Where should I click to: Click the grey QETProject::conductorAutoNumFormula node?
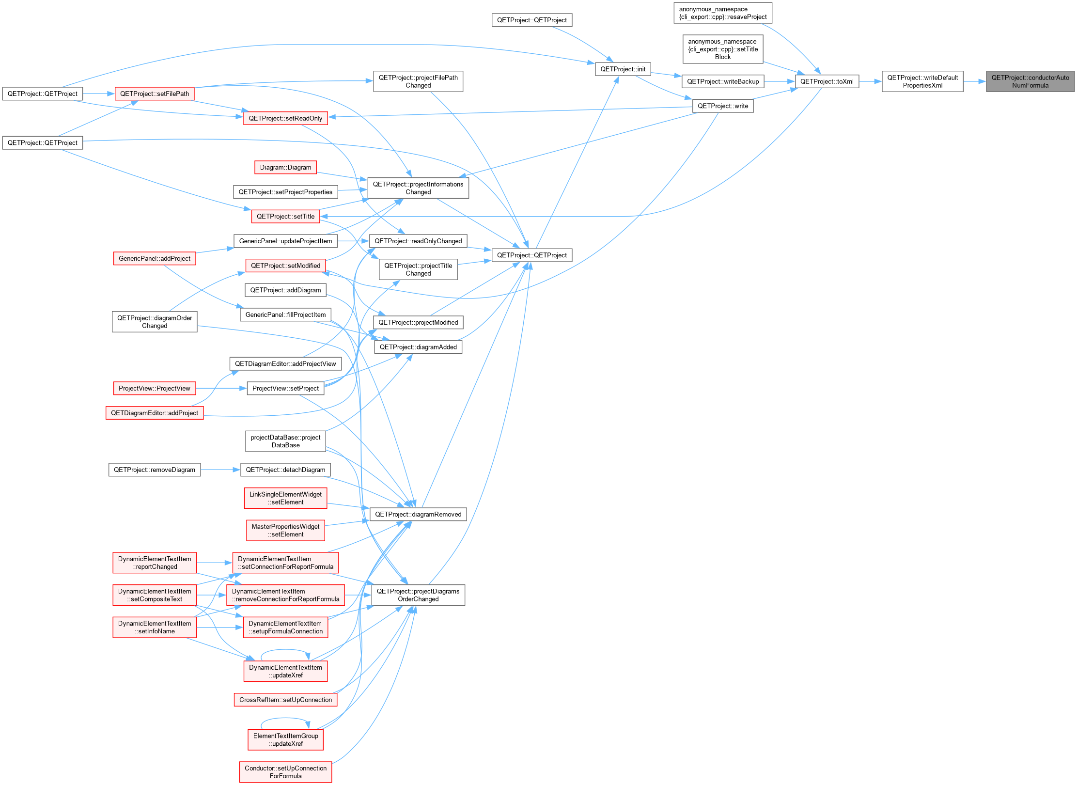pyautogui.click(x=1030, y=81)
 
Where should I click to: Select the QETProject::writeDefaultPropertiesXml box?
pyautogui.click(x=922, y=81)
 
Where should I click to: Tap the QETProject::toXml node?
pyautogui.click(x=827, y=81)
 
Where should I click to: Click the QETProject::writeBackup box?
pyautogui.click(x=723, y=81)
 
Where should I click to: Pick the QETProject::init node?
pyautogui.click(x=623, y=69)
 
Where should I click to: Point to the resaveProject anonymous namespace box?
pyautogui.click(x=723, y=13)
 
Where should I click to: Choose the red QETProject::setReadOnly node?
pyautogui.click(x=285, y=118)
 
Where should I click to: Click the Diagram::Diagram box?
pyautogui.click(x=285, y=167)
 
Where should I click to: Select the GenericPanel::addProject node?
pyautogui.click(x=155, y=258)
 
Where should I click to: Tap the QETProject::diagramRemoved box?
pyautogui.click(x=418, y=514)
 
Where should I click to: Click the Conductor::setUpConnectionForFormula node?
pyautogui.click(x=285, y=772)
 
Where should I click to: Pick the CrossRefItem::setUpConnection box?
pyautogui.click(x=285, y=700)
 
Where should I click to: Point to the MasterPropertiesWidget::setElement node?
pyautogui.click(x=285, y=531)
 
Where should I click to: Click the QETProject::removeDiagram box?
pyautogui.click(x=155, y=470)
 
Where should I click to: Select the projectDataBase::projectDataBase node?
pyautogui.click(x=285, y=441)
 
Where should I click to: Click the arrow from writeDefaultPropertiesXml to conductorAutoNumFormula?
pyautogui.click(x=975, y=81)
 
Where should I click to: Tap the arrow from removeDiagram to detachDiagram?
pyautogui.click(x=220, y=470)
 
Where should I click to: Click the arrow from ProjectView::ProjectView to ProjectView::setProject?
pyautogui.click(x=221, y=388)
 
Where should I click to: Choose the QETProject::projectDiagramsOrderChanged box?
pyautogui.click(x=418, y=595)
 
